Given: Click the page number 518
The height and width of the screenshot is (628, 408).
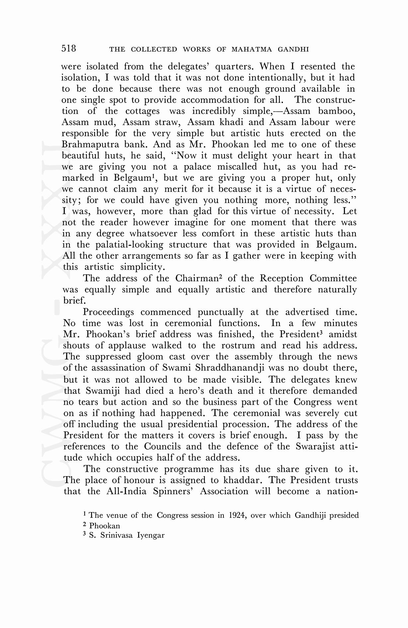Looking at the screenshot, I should (x=69, y=49).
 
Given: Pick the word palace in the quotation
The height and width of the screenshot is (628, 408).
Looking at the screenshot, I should (x=197, y=167).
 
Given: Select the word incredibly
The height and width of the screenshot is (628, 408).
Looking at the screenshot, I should (x=214, y=111).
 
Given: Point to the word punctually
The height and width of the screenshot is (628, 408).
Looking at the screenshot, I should (x=220, y=312).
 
